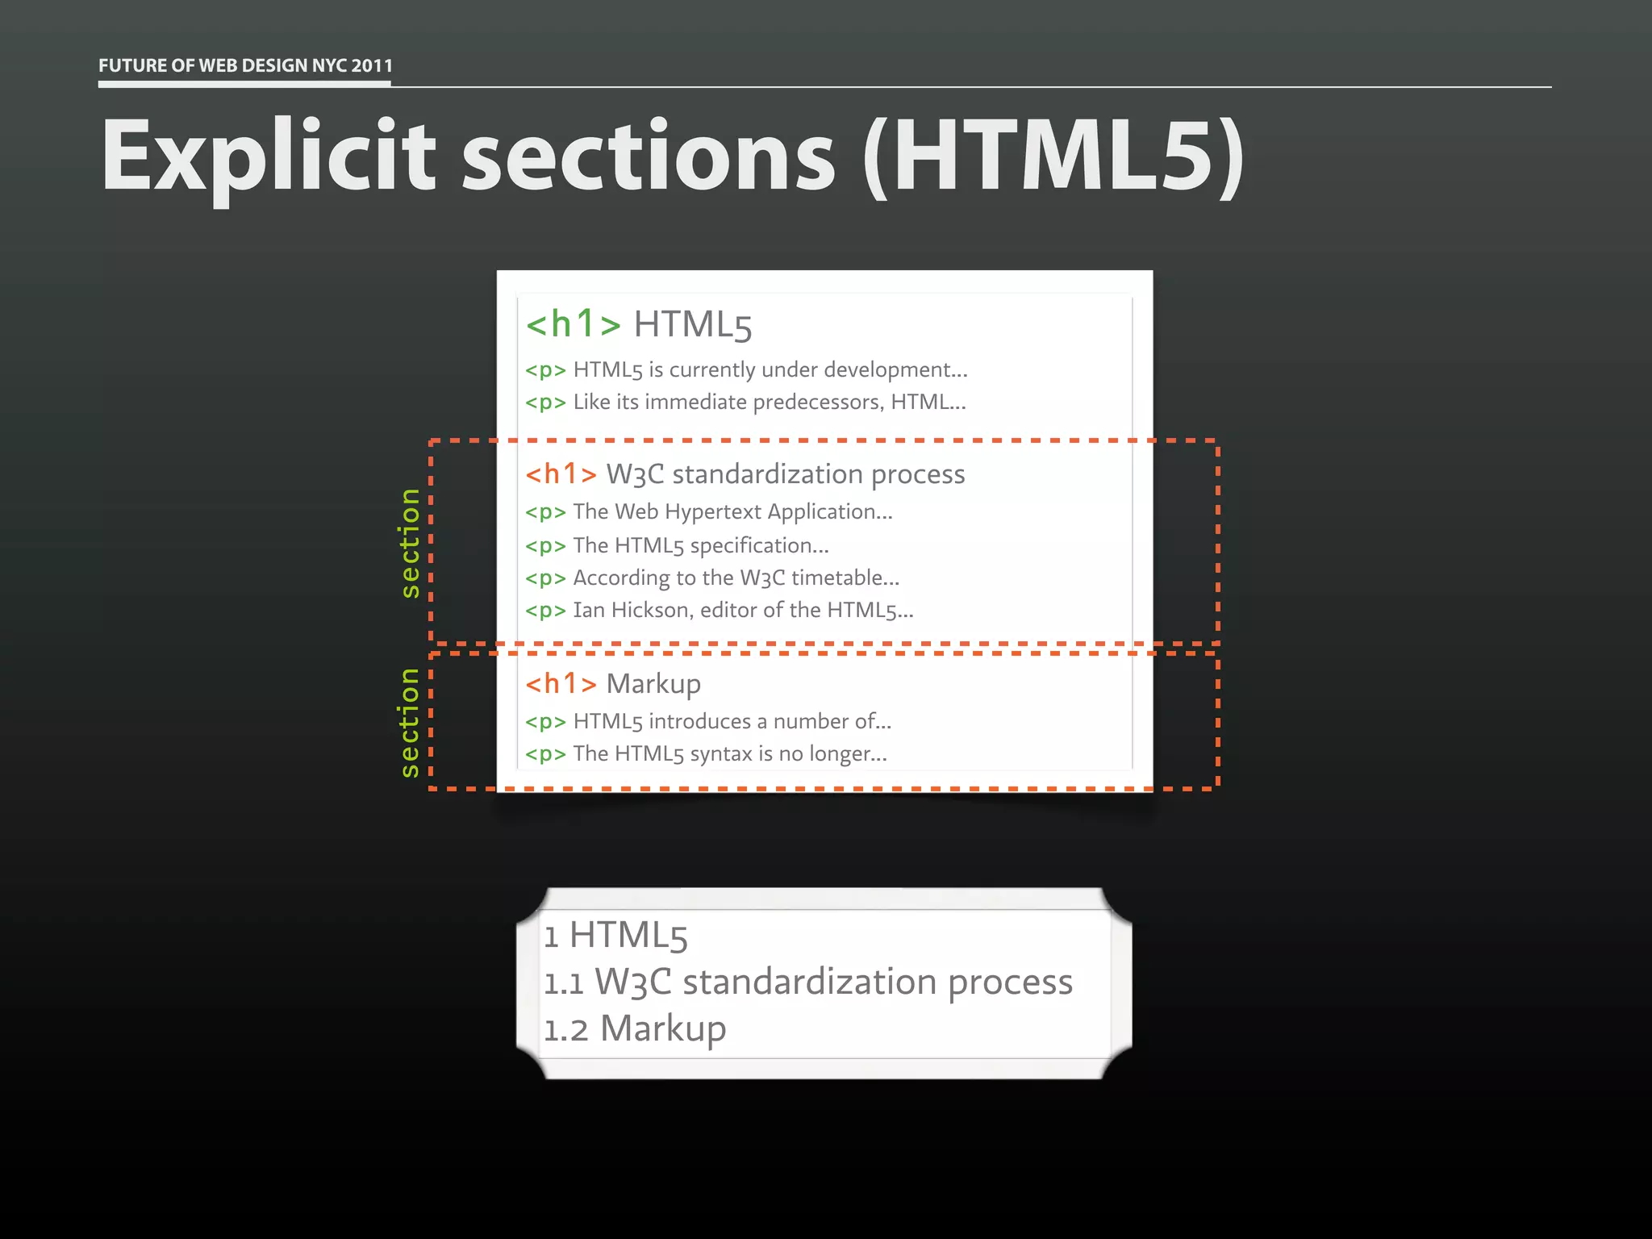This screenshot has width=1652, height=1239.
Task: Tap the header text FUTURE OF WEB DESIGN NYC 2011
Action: click(x=245, y=65)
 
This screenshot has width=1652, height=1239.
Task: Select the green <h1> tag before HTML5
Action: click(x=573, y=324)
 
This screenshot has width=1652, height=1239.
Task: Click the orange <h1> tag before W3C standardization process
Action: click(x=561, y=474)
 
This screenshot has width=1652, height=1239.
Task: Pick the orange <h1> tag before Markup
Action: click(x=561, y=684)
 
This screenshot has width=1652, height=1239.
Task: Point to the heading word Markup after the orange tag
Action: click(x=653, y=684)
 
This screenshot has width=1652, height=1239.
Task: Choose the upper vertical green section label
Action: click(x=411, y=543)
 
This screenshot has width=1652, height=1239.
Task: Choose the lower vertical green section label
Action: click(x=411, y=722)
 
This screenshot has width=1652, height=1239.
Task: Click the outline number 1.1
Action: click(x=563, y=983)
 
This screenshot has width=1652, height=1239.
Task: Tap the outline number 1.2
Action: click(x=565, y=1030)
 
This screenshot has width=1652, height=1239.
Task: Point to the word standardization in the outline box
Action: click(x=809, y=982)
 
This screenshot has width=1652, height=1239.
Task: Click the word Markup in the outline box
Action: click(x=663, y=1029)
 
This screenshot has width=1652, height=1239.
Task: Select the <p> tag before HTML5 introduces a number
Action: click(x=545, y=722)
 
